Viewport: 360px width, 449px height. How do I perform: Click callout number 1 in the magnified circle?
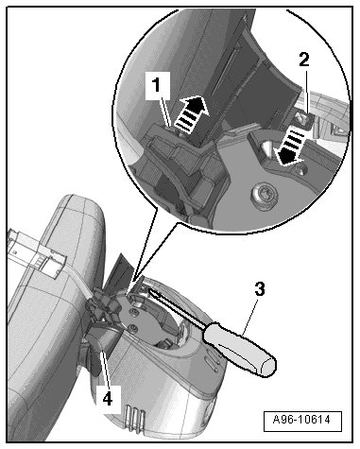[x=157, y=85]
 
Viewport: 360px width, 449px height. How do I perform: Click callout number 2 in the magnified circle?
[x=304, y=60]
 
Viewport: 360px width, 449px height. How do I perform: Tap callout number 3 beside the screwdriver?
[x=260, y=289]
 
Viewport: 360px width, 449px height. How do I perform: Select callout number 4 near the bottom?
[x=108, y=399]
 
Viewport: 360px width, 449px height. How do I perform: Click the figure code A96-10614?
[x=301, y=420]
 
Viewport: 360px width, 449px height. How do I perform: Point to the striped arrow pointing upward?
[x=191, y=113]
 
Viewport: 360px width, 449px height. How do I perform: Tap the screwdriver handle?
[x=240, y=349]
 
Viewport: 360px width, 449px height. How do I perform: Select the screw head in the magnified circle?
[x=265, y=195]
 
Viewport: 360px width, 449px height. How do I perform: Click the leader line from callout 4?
[x=105, y=368]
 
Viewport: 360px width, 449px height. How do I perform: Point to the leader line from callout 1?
[x=165, y=112]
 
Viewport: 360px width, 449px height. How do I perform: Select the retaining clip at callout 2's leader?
[x=302, y=119]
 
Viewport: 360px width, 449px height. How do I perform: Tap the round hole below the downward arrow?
[x=300, y=171]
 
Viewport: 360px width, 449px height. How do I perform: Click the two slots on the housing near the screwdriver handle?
[x=212, y=363]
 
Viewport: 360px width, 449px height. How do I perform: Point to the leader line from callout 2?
[x=308, y=91]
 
